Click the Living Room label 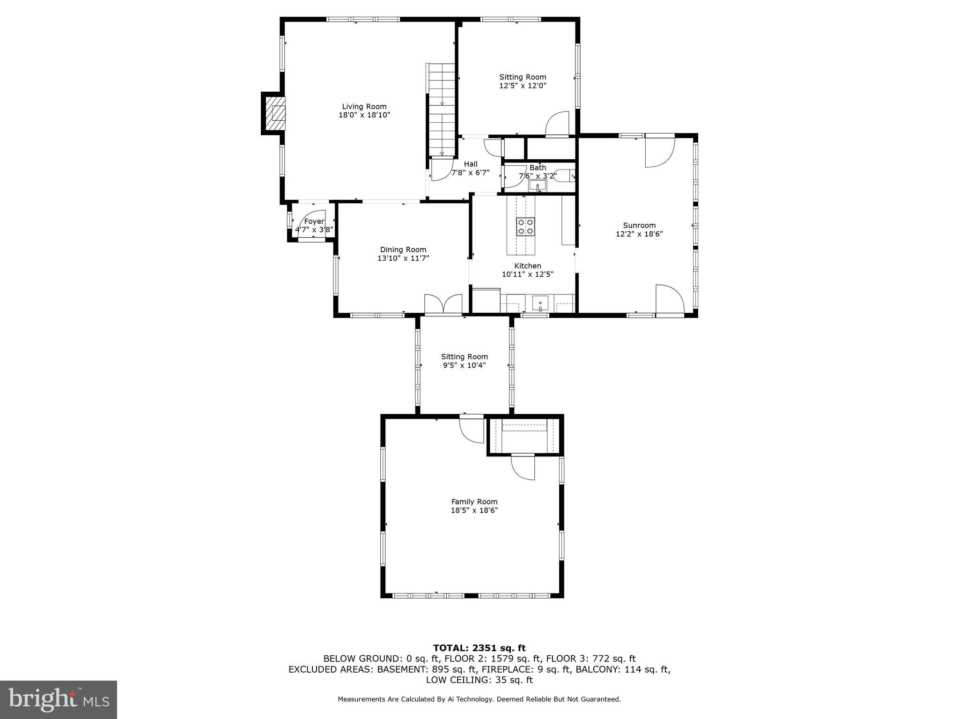coord(364,107)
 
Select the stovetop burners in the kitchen coord(526,227)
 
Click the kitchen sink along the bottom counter coord(540,304)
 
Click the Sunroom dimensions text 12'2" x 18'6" coord(639,234)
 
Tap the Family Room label coord(474,502)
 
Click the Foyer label coord(314,221)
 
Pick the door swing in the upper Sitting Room coord(557,124)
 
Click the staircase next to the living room coord(442,110)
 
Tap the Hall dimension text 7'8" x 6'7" coord(470,172)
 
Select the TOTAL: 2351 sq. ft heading coord(479,648)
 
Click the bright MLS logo coord(59,700)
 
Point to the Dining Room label coord(403,249)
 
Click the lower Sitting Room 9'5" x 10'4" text coord(464,365)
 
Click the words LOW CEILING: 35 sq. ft coord(479,680)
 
